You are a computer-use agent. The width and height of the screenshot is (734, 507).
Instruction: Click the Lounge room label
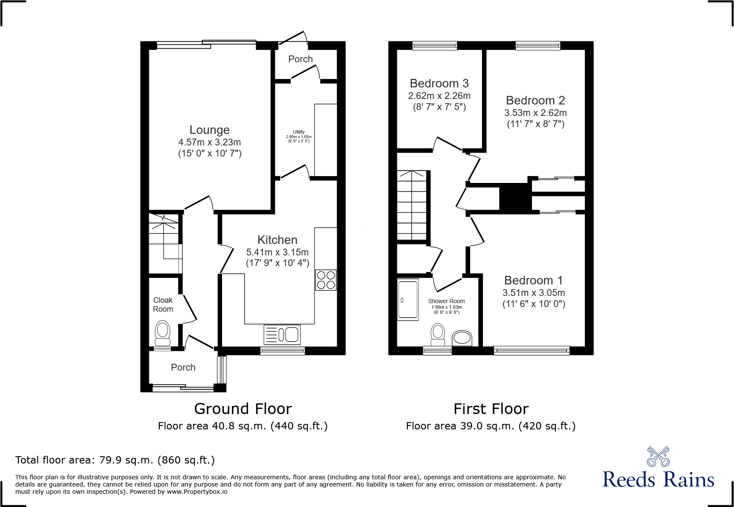click(x=209, y=130)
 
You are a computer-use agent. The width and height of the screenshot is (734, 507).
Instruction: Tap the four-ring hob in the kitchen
click(x=326, y=280)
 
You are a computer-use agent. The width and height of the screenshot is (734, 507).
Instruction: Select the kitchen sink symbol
click(x=282, y=335)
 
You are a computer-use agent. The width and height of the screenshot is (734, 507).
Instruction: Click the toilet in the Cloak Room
click(x=162, y=333)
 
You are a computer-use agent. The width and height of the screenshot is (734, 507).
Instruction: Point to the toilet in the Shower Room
click(x=438, y=334)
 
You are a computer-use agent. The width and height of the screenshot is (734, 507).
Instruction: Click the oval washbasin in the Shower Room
click(x=462, y=338)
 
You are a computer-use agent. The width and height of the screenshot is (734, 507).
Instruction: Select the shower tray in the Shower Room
click(x=408, y=300)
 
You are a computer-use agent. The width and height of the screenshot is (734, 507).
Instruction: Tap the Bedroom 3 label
click(x=439, y=83)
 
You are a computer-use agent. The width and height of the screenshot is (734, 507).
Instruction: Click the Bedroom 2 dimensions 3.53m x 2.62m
click(x=535, y=113)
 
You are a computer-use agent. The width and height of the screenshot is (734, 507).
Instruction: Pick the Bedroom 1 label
click(x=533, y=280)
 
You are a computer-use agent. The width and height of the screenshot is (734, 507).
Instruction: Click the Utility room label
click(x=299, y=132)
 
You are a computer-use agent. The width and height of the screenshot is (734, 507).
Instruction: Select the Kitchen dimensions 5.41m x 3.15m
click(x=277, y=252)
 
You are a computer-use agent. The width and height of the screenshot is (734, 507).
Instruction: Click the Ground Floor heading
click(x=243, y=409)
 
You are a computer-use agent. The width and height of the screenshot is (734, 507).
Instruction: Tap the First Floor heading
click(x=491, y=409)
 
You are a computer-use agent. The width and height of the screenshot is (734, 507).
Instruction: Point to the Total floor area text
click(x=115, y=460)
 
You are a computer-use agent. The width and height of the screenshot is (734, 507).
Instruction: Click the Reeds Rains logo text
click(x=658, y=480)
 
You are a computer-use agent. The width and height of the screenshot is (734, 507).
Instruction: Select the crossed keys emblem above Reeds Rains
click(x=658, y=457)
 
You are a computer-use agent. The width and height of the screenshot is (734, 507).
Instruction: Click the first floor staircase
click(x=412, y=205)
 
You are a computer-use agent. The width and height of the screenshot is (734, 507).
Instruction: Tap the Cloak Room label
click(x=163, y=304)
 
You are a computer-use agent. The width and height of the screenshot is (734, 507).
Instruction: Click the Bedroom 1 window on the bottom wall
click(x=532, y=351)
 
